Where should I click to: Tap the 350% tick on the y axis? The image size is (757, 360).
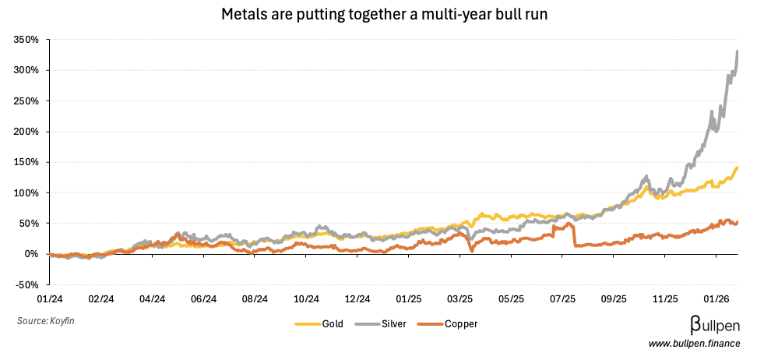coord(26,40)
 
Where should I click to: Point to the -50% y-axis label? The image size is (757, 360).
coord(26,284)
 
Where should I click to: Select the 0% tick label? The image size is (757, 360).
coord(31,254)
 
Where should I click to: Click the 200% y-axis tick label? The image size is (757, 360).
coord(26,132)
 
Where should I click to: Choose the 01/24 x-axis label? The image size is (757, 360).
coord(50,298)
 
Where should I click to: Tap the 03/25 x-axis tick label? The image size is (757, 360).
coord(460,298)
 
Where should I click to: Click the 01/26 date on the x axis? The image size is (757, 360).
coord(717,298)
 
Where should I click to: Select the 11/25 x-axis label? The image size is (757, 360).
coord(665,298)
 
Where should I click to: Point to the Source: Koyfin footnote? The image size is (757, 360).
coord(47,320)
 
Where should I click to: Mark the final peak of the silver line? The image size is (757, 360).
coord(738,51)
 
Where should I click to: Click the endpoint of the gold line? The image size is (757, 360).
coord(738,168)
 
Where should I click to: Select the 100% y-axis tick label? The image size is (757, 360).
coord(26,192)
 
